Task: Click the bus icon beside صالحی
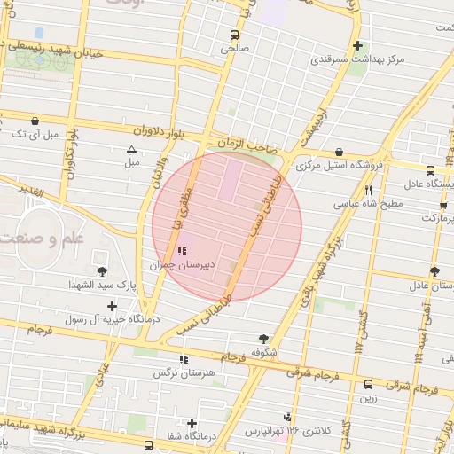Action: click(x=233, y=36)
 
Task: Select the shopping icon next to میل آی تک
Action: click(x=35, y=121)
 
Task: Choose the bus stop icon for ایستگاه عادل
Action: click(x=430, y=170)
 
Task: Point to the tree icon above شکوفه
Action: click(x=263, y=338)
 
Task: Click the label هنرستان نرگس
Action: click(x=184, y=373)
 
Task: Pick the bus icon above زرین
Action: click(x=368, y=384)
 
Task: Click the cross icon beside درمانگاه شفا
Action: click(x=192, y=423)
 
